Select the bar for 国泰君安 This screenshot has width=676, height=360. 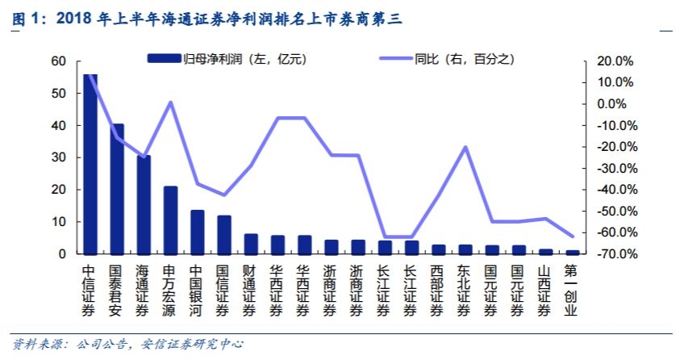click(117, 189)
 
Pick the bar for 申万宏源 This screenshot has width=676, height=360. click(170, 220)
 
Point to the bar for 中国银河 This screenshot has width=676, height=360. click(197, 232)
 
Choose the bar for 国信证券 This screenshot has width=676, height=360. click(224, 235)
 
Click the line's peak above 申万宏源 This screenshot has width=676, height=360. click(170, 103)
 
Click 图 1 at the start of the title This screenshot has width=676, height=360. click(24, 18)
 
